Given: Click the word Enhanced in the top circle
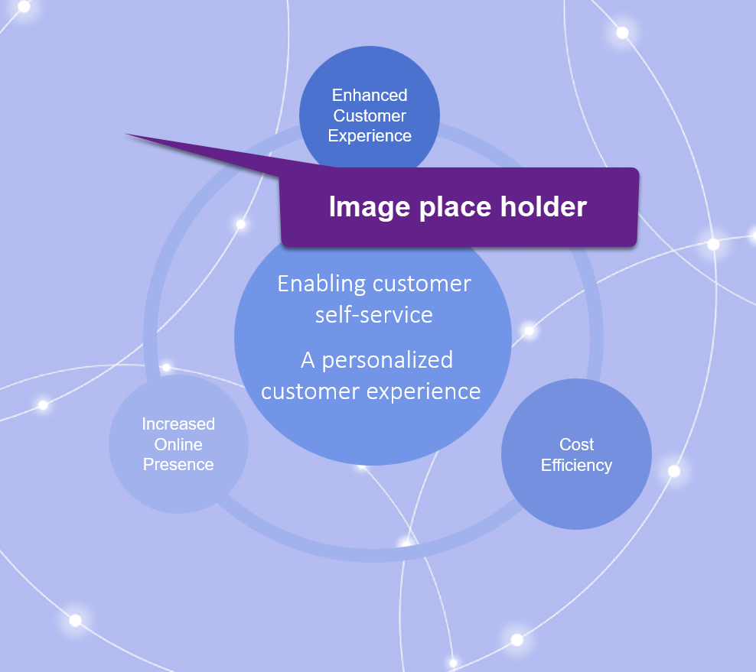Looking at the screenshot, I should pyautogui.click(x=370, y=96).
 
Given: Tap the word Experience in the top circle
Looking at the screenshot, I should pyautogui.click(x=370, y=136).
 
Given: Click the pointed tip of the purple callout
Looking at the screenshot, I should pyautogui.click(x=128, y=135).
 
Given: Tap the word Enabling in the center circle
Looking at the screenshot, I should pyautogui.click(x=321, y=284).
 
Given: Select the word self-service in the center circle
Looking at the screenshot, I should pyautogui.click(x=374, y=314).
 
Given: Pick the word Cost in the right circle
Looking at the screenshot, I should pyautogui.click(x=576, y=445).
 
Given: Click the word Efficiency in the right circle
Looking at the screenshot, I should pyautogui.click(x=576, y=465).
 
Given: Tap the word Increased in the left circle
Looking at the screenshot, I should pyautogui.click(x=178, y=424).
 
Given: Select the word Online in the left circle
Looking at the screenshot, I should pyautogui.click(x=178, y=444).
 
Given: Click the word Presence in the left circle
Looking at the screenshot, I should pyautogui.click(x=178, y=465).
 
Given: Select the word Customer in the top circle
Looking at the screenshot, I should pyautogui.click(x=370, y=116).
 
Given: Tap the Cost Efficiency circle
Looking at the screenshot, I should pyautogui.click(x=576, y=489).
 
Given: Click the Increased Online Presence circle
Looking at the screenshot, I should pyautogui.click(x=178, y=482).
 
